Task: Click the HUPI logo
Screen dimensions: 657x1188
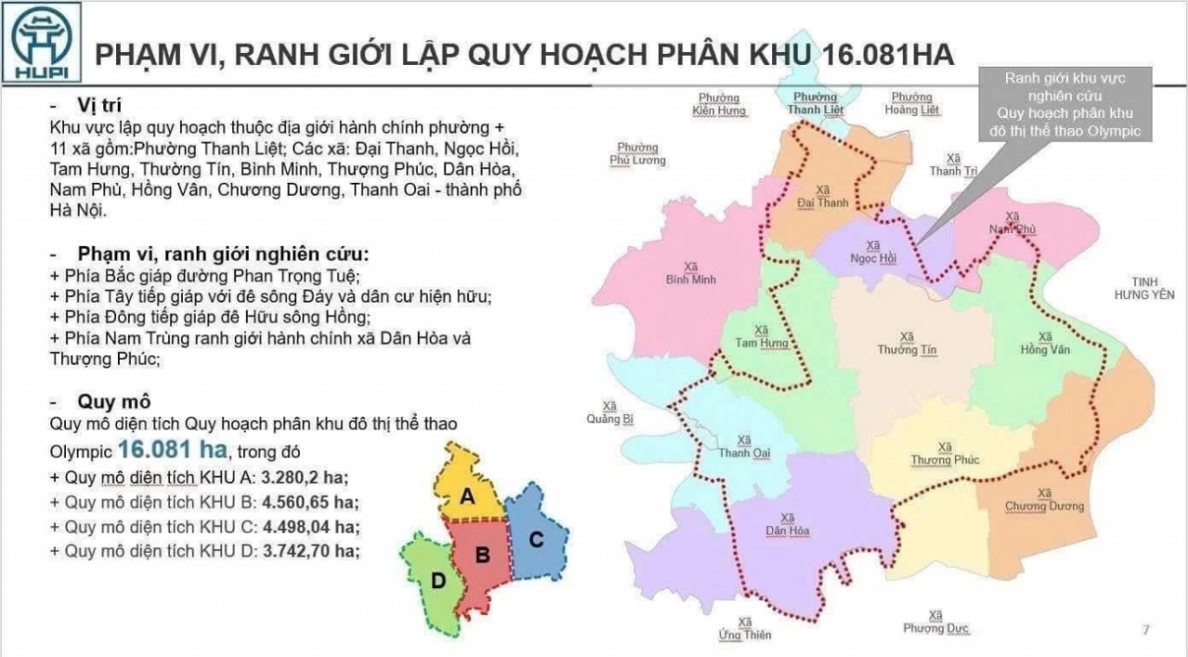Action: click(x=42, y=42)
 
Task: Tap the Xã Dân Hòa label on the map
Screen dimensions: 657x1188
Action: click(x=787, y=524)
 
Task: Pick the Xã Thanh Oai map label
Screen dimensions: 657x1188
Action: click(x=742, y=446)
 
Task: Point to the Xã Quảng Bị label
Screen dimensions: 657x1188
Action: click(x=609, y=412)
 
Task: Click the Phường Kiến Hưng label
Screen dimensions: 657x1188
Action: click(x=718, y=104)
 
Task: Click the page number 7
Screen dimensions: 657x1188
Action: click(x=1145, y=631)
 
